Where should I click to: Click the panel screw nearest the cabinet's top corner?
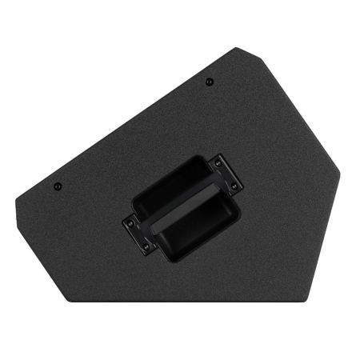(x=209, y=81)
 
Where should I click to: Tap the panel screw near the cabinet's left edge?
(x=58, y=186)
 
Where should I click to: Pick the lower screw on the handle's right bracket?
(x=234, y=186)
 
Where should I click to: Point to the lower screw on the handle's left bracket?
(x=145, y=245)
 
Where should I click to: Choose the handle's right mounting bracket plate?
(x=227, y=175)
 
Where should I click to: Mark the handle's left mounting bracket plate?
(x=137, y=233)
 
